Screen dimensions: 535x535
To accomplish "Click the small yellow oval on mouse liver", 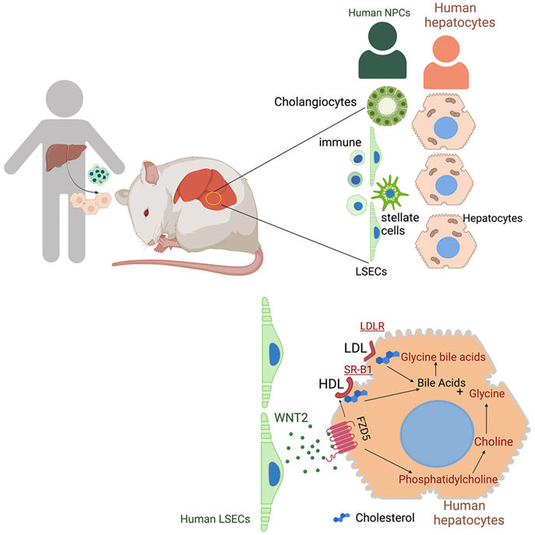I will pos(216,199).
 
